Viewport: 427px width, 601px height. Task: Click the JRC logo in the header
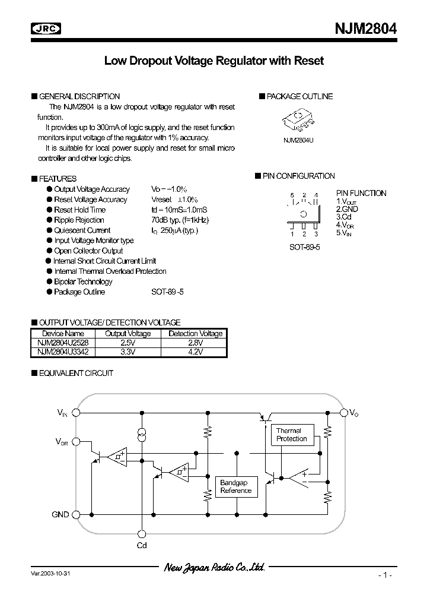pos(47,29)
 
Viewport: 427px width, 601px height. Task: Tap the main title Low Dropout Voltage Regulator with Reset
pos(214,61)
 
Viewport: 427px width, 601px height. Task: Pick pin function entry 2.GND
pos(347,209)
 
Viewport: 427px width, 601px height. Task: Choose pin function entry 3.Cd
pos(343,217)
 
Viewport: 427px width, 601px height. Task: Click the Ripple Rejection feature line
pos(79,220)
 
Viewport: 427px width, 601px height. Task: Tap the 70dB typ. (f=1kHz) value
pos(179,220)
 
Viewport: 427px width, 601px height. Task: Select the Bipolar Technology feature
pos(82,281)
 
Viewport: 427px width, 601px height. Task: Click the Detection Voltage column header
pos(195,334)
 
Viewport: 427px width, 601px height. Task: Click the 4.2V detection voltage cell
pos(195,352)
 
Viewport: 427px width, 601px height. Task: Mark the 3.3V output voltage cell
pos(128,352)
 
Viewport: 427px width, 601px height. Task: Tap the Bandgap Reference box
pos(236,487)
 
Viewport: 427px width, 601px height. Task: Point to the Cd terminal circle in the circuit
pos(141,534)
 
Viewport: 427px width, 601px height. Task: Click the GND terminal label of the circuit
pos(60,515)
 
